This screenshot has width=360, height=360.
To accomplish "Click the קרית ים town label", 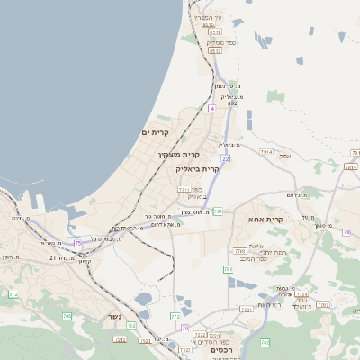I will [156, 132].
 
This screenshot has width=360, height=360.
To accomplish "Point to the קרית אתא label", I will [265, 219].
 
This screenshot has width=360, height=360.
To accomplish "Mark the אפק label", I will [285, 156].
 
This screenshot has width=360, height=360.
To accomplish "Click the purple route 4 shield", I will [211, 108].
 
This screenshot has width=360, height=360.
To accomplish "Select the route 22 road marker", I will [226, 158].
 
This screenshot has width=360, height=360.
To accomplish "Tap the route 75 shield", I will [78, 244].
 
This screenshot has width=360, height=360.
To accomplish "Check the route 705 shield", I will [67, 316].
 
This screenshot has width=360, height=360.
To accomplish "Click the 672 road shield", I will [13, 294].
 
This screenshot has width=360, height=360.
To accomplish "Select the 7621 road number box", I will [245, 310].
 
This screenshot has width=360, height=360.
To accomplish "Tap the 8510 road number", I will [209, 26].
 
